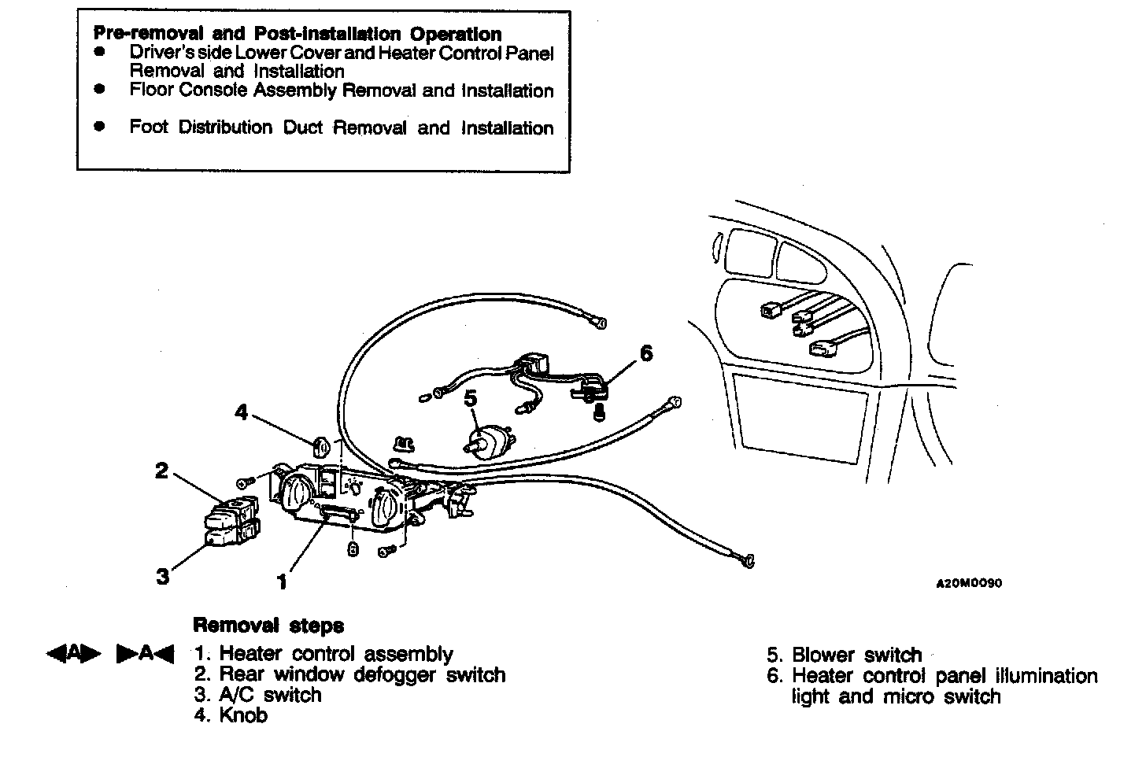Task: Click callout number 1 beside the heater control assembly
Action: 281,582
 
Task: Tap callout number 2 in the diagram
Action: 161,471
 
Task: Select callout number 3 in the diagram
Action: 162,577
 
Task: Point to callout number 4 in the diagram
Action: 242,412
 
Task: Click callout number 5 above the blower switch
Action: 471,399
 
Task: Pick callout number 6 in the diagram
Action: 645,353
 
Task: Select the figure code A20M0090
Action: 968,584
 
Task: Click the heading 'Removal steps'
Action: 268,626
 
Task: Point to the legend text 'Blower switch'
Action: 856,655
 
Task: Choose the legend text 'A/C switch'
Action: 270,695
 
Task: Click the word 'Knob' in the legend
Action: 243,715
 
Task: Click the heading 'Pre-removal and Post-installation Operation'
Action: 298,34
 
